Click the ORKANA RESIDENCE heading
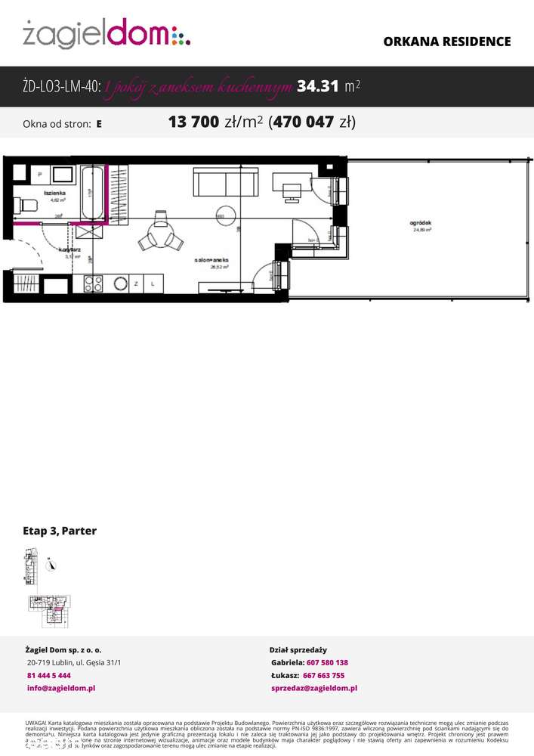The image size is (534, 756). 446,42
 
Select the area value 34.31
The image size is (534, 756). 317,87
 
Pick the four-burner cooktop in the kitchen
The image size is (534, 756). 93,284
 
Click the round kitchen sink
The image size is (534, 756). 120,284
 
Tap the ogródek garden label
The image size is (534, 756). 420,224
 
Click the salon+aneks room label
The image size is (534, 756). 212,259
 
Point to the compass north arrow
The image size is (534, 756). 51,564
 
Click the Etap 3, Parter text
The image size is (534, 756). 60,531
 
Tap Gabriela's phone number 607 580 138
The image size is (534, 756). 327,662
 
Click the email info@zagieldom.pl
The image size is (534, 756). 60,688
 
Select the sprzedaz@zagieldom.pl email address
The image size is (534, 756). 314,688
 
